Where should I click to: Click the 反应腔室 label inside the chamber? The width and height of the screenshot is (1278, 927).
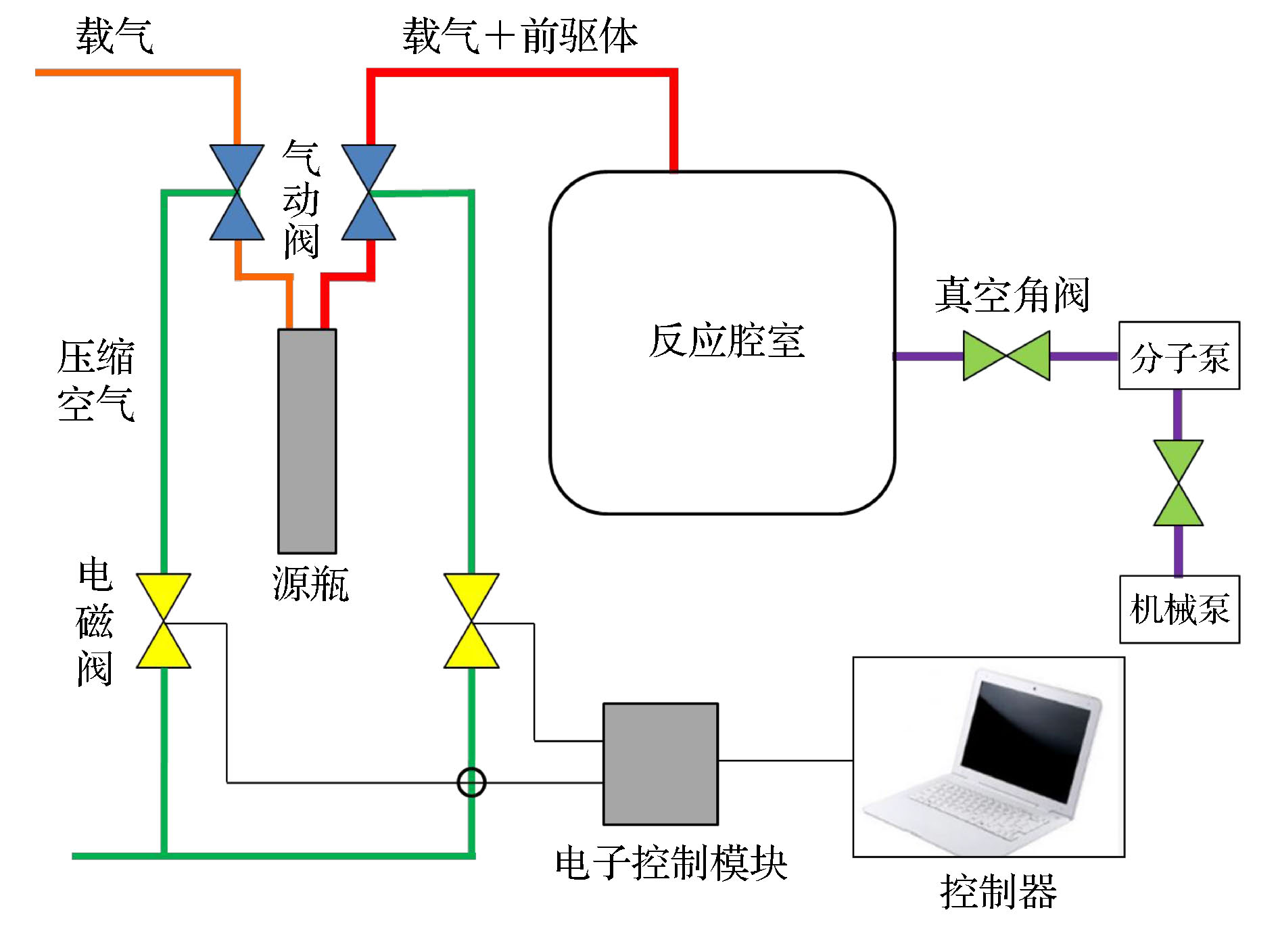pyautogui.click(x=726, y=341)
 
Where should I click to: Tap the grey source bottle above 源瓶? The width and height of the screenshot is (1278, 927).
pyautogui.click(x=307, y=441)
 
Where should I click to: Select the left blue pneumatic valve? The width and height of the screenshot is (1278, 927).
pyautogui.click(x=237, y=192)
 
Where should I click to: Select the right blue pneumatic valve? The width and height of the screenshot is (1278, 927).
pyautogui.click(x=369, y=192)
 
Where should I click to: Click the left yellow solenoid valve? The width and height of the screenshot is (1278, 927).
pyautogui.click(x=164, y=621)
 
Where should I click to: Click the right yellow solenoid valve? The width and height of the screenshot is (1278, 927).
pyautogui.click(x=471, y=621)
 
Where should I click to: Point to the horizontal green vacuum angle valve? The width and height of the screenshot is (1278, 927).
pyautogui.click(x=1006, y=356)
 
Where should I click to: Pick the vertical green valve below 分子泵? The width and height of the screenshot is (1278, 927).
pyautogui.click(x=1178, y=483)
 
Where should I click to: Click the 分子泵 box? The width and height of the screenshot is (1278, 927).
pyautogui.click(x=1179, y=356)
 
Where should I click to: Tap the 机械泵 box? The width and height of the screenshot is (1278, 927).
pyautogui.click(x=1179, y=609)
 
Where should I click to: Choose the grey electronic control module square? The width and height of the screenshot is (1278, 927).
pyautogui.click(x=660, y=763)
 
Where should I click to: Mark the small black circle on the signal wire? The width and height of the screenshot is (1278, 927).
pyautogui.click(x=471, y=782)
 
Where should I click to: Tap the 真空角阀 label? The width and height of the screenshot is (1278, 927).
pyautogui.click(x=1012, y=295)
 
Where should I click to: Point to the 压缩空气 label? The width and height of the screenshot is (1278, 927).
pyautogui.click(x=96, y=380)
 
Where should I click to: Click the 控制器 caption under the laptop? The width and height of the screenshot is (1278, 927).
pyautogui.click(x=998, y=892)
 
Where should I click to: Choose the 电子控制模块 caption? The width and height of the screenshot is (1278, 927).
pyautogui.click(x=671, y=863)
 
